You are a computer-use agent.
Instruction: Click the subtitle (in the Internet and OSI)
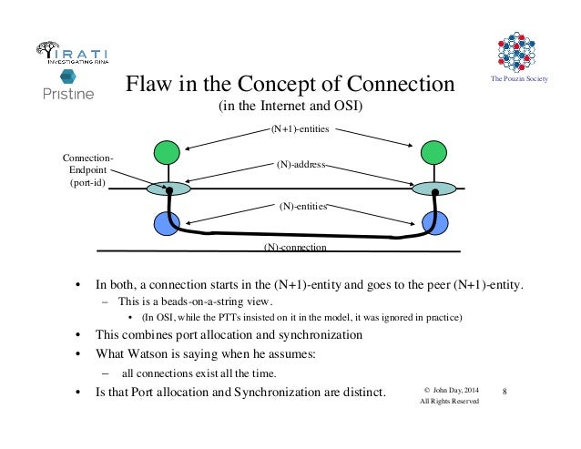290,107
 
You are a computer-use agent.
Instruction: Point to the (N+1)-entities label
300,130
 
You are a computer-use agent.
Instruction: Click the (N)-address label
301,167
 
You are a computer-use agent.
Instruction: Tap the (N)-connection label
295,247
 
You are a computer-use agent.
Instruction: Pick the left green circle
168,152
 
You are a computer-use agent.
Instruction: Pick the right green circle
433,152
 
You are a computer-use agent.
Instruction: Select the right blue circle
435,223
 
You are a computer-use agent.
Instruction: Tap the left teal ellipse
168,189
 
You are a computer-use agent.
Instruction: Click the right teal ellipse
433,189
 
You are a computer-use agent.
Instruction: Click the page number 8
506,391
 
